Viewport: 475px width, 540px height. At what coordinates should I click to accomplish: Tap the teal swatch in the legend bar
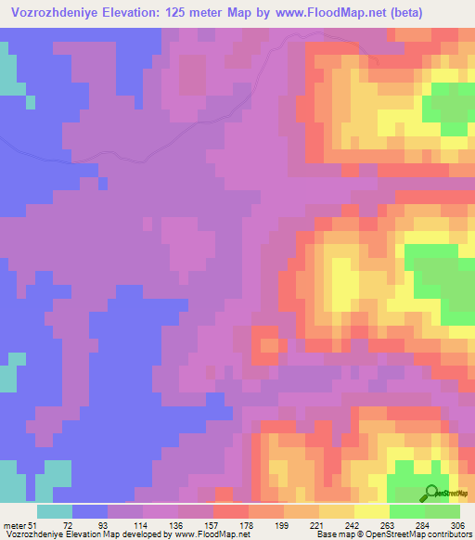tap(55, 511)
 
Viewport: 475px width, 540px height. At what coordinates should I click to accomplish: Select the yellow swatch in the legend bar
tap(372, 511)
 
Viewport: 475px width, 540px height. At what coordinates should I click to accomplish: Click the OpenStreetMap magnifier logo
tap(431, 493)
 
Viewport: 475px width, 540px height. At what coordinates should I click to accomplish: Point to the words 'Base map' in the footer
tap(327, 534)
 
